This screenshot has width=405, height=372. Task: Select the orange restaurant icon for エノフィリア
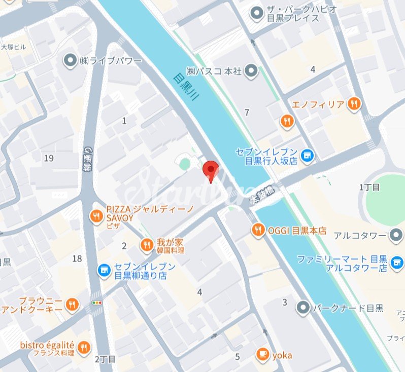pos(354,104)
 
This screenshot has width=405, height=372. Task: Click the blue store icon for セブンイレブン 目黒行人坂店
pos(307,156)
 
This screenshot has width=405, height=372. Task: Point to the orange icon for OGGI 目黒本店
pos(258,230)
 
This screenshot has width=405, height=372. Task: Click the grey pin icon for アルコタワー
pos(396,235)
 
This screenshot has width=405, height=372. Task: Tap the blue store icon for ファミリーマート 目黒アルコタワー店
pos(397,262)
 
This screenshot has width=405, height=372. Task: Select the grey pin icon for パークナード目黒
pos(303,307)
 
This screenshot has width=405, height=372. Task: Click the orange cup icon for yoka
pos(262,354)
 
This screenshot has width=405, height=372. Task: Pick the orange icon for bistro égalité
pos(85,347)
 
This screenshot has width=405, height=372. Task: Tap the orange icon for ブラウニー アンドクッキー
pos(73,304)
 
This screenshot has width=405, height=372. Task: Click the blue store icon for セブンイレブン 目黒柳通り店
pos(104,270)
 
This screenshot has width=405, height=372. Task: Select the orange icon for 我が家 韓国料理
pos(147,245)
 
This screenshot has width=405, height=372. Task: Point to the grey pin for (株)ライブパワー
pos(69,61)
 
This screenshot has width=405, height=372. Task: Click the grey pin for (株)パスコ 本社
pos(250,71)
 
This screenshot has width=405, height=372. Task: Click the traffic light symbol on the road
pos(96,303)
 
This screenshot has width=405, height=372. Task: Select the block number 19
pos(49,158)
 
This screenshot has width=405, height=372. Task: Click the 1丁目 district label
pos(369,188)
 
